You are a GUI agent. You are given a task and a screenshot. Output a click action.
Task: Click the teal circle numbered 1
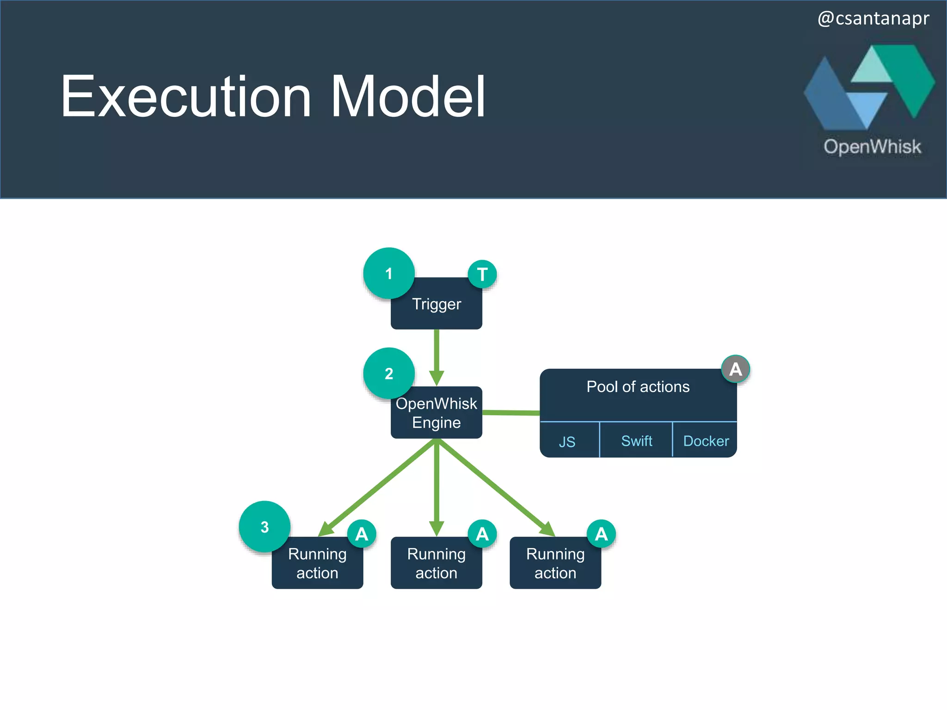[388, 273]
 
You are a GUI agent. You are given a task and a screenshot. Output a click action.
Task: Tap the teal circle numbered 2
[388, 373]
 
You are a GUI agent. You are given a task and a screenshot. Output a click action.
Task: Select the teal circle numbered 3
[264, 526]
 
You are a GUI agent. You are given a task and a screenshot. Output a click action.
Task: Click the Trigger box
[437, 307]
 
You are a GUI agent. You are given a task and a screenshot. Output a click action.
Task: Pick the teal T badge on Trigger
[482, 274]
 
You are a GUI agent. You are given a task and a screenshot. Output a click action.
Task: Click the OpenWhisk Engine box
[437, 413]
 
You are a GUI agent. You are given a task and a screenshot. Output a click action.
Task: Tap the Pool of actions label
[638, 386]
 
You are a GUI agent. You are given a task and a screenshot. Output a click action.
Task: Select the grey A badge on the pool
[735, 369]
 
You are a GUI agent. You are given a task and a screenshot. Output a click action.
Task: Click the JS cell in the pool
[567, 441]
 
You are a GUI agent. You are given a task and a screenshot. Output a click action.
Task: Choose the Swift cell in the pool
[636, 441]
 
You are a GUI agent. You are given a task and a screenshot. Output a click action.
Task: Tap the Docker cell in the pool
[706, 441]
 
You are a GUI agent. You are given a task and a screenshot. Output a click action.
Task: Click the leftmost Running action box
[317, 563]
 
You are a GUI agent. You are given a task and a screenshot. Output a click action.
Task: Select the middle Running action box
[437, 563]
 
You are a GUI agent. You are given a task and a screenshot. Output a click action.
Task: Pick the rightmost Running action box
[555, 563]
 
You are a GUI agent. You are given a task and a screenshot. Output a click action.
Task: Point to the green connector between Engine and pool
[511, 412]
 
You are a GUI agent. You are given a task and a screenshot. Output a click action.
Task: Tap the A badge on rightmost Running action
[601, 534]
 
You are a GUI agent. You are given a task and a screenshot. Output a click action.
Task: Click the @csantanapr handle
[873, 18]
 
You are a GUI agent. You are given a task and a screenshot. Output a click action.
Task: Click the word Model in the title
[408, 97]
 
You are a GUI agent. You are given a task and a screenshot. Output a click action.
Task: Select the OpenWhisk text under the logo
[872, 147]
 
